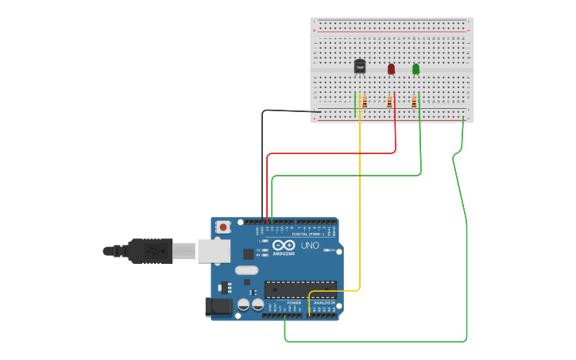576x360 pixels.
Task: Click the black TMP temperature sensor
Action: (360, 67)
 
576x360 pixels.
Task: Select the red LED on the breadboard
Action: (391, 69)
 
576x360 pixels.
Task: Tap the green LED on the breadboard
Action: (416, 69)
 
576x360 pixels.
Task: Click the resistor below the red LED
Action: (389, 102)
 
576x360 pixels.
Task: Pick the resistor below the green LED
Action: (414, 102)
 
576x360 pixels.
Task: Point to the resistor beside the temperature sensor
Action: (365, 102)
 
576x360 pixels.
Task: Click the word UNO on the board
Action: (310, 246)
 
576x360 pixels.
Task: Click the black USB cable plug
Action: (150, 251)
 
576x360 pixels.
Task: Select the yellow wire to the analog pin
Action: (360, 199)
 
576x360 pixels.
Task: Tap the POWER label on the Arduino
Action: (294, 303)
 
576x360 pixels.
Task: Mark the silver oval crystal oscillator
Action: (246, 270)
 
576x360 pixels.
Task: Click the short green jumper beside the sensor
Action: (355, 103)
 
